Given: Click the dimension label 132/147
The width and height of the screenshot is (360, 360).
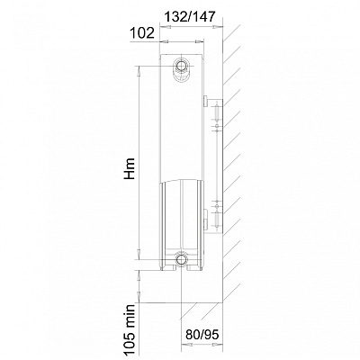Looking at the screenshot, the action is click(x=190, y=16).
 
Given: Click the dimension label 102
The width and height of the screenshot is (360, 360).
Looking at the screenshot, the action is click(x=142, y=33).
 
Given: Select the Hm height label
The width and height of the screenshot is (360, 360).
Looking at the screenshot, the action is click(x=130, y=169).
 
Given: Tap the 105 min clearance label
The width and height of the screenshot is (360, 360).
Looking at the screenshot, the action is click(x=130, y=329).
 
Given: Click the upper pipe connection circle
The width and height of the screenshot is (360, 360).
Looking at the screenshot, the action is click(x=182, y=66).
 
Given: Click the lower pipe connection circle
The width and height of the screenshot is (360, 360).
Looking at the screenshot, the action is click(x=182, y=258).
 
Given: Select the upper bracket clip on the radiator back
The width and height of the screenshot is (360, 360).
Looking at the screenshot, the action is click(x=206, y=101).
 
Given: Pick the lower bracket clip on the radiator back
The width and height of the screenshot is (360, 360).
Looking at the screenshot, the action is click(x=205, y=219).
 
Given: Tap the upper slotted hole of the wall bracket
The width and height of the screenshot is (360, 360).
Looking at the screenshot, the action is click(x=217, y=112).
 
